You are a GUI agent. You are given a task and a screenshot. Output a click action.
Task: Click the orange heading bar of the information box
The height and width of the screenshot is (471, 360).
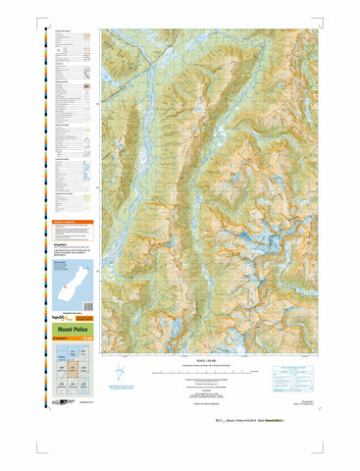(69, 223)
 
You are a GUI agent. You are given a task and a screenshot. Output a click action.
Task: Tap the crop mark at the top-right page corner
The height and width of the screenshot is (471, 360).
(324, 19)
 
